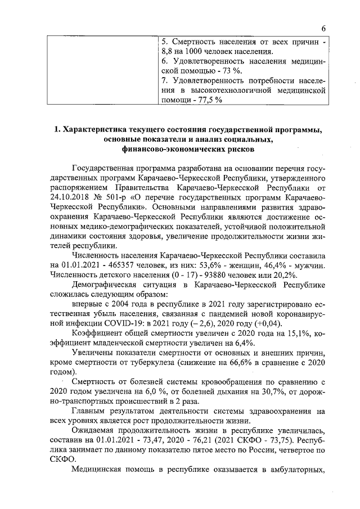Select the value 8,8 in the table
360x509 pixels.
pyautogui.click(x=167, y=52)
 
